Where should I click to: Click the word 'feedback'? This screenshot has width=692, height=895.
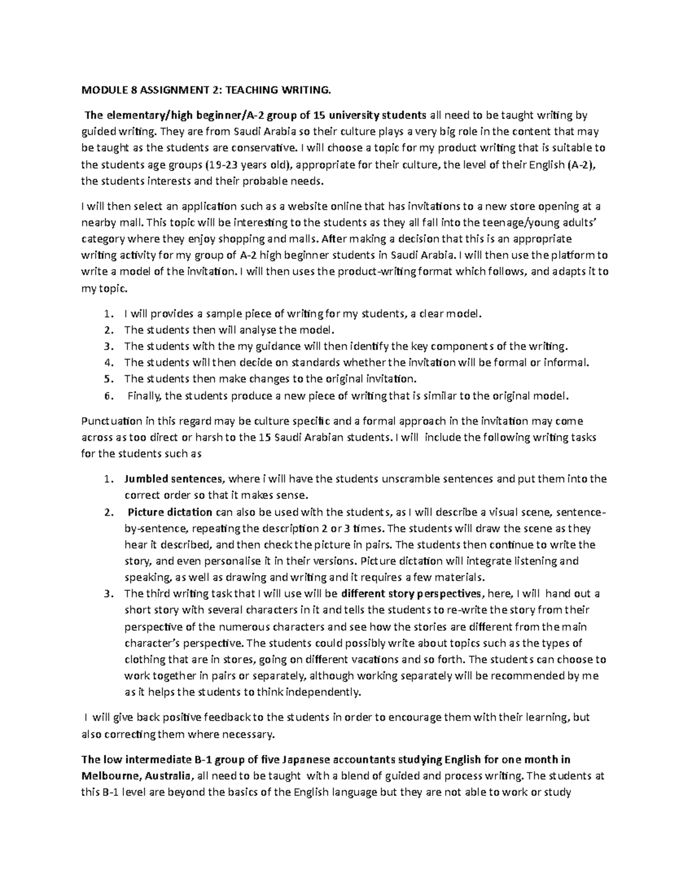click(x=227, y=718)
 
